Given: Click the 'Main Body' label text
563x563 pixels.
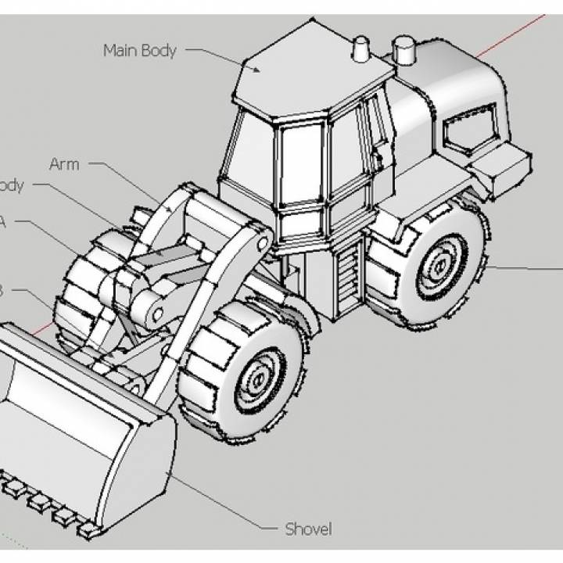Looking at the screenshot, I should point(140,51).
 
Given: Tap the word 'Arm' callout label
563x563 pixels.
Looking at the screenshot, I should point(64,164).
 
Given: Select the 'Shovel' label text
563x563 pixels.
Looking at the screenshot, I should point(308,529).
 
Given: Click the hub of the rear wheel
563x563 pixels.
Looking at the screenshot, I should point(435,266).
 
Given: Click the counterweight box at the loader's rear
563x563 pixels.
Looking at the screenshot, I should point(500,166).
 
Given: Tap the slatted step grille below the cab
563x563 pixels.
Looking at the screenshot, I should point(344,274).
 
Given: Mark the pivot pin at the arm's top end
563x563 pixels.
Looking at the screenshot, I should point(262,241).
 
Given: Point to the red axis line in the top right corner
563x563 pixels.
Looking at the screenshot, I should point(516,35).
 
